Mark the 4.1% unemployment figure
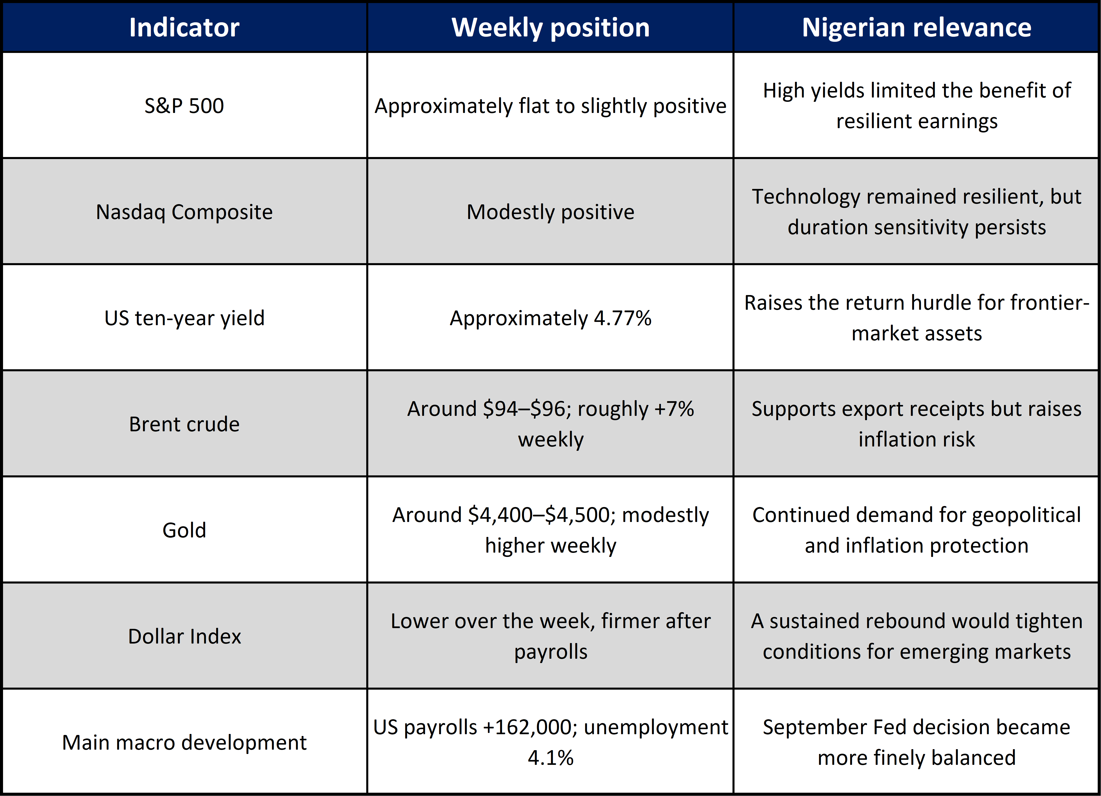[550, 758]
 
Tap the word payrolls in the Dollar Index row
[550, 652]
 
